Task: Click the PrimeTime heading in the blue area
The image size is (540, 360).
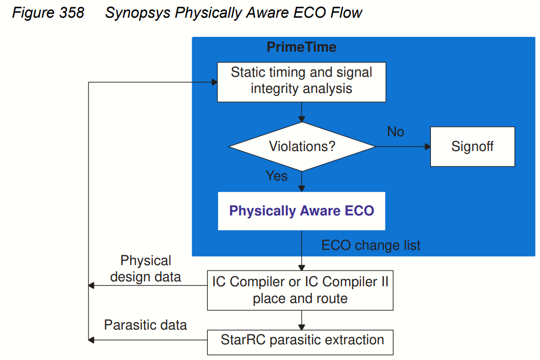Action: (301, 48)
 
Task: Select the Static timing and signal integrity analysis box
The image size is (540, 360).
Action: (301, 82)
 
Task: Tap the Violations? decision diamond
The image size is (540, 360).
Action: (302, 147)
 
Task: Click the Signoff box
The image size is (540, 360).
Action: (472, 147)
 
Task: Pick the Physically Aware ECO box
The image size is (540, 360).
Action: (301, 211)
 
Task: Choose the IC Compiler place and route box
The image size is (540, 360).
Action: (300, 290)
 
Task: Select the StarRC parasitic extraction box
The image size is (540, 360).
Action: (300, 340)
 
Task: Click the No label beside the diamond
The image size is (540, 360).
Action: (396, 132)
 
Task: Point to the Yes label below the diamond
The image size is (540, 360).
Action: (277, 176)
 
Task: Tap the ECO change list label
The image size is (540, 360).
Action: (371, 245)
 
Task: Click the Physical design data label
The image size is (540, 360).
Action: (145, 269)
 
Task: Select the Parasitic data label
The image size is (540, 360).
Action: (145, 325)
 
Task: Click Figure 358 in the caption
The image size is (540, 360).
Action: (48, 13)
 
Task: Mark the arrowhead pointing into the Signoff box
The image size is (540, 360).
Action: (427, 147)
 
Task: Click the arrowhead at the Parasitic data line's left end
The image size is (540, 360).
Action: (91, 340)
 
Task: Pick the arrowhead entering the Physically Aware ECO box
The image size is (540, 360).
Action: (302, 188)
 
